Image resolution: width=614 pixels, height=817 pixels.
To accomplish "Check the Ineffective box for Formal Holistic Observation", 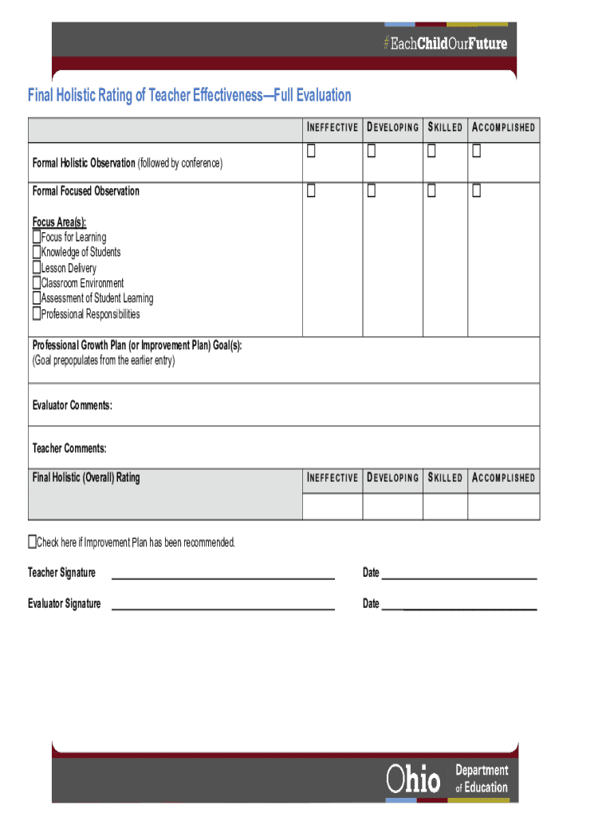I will coord(312,152).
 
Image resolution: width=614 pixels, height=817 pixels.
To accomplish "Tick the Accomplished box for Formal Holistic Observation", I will coord(477,152).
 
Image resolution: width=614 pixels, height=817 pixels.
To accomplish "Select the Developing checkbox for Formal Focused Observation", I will coord(372,191).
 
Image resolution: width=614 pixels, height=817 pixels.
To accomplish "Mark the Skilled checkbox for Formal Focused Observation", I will coord(431,191).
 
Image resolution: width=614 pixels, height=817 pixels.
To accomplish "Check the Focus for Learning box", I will coord(37,237).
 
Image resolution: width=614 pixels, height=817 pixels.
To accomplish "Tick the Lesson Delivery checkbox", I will coord(37,268).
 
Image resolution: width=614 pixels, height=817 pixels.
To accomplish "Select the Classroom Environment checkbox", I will coord(37,283).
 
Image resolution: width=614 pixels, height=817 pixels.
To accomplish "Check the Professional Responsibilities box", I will coord(37,314).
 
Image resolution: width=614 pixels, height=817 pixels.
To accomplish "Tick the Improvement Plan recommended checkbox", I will coord(33,543).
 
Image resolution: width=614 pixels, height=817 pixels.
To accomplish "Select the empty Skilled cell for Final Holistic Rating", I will coord(445,507).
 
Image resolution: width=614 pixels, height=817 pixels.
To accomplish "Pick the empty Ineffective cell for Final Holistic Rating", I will coord(333,507).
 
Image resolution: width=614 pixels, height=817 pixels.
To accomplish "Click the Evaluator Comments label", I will coord(72,405).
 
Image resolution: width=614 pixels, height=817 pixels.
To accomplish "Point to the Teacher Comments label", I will coord(69,448).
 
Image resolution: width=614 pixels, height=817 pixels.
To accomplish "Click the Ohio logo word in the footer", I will coord(413,780).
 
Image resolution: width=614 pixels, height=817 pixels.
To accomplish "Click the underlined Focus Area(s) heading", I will coord(59,222).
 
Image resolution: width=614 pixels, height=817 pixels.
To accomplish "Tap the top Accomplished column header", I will coord(503,128).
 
